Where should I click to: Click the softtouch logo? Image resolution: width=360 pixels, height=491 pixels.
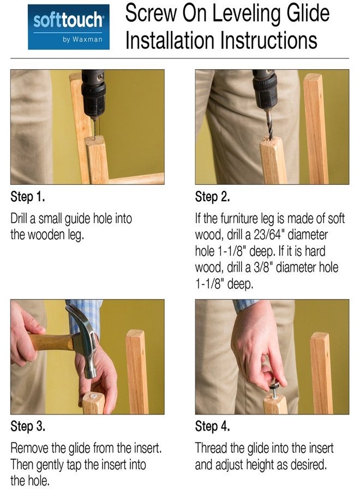coord(69,27)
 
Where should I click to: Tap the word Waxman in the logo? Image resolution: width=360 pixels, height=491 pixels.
coord(87,39)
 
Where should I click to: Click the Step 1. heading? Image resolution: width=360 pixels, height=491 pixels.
coord(28,196)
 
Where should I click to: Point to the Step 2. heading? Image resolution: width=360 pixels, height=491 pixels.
coord(213,196)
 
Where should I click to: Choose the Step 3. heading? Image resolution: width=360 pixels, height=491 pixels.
coord(28,426)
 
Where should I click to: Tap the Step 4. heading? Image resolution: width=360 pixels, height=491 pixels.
coord(213,426)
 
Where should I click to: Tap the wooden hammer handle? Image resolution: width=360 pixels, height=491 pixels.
coord(50,342)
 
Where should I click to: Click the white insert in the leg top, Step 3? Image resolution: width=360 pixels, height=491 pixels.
coord(94,396)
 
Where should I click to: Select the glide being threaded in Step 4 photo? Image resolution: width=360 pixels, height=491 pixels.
coord(274,387)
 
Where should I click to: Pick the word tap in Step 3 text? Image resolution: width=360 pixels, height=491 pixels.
coord(74,465)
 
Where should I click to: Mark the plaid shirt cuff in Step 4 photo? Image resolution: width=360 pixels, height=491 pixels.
coord(245,305)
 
